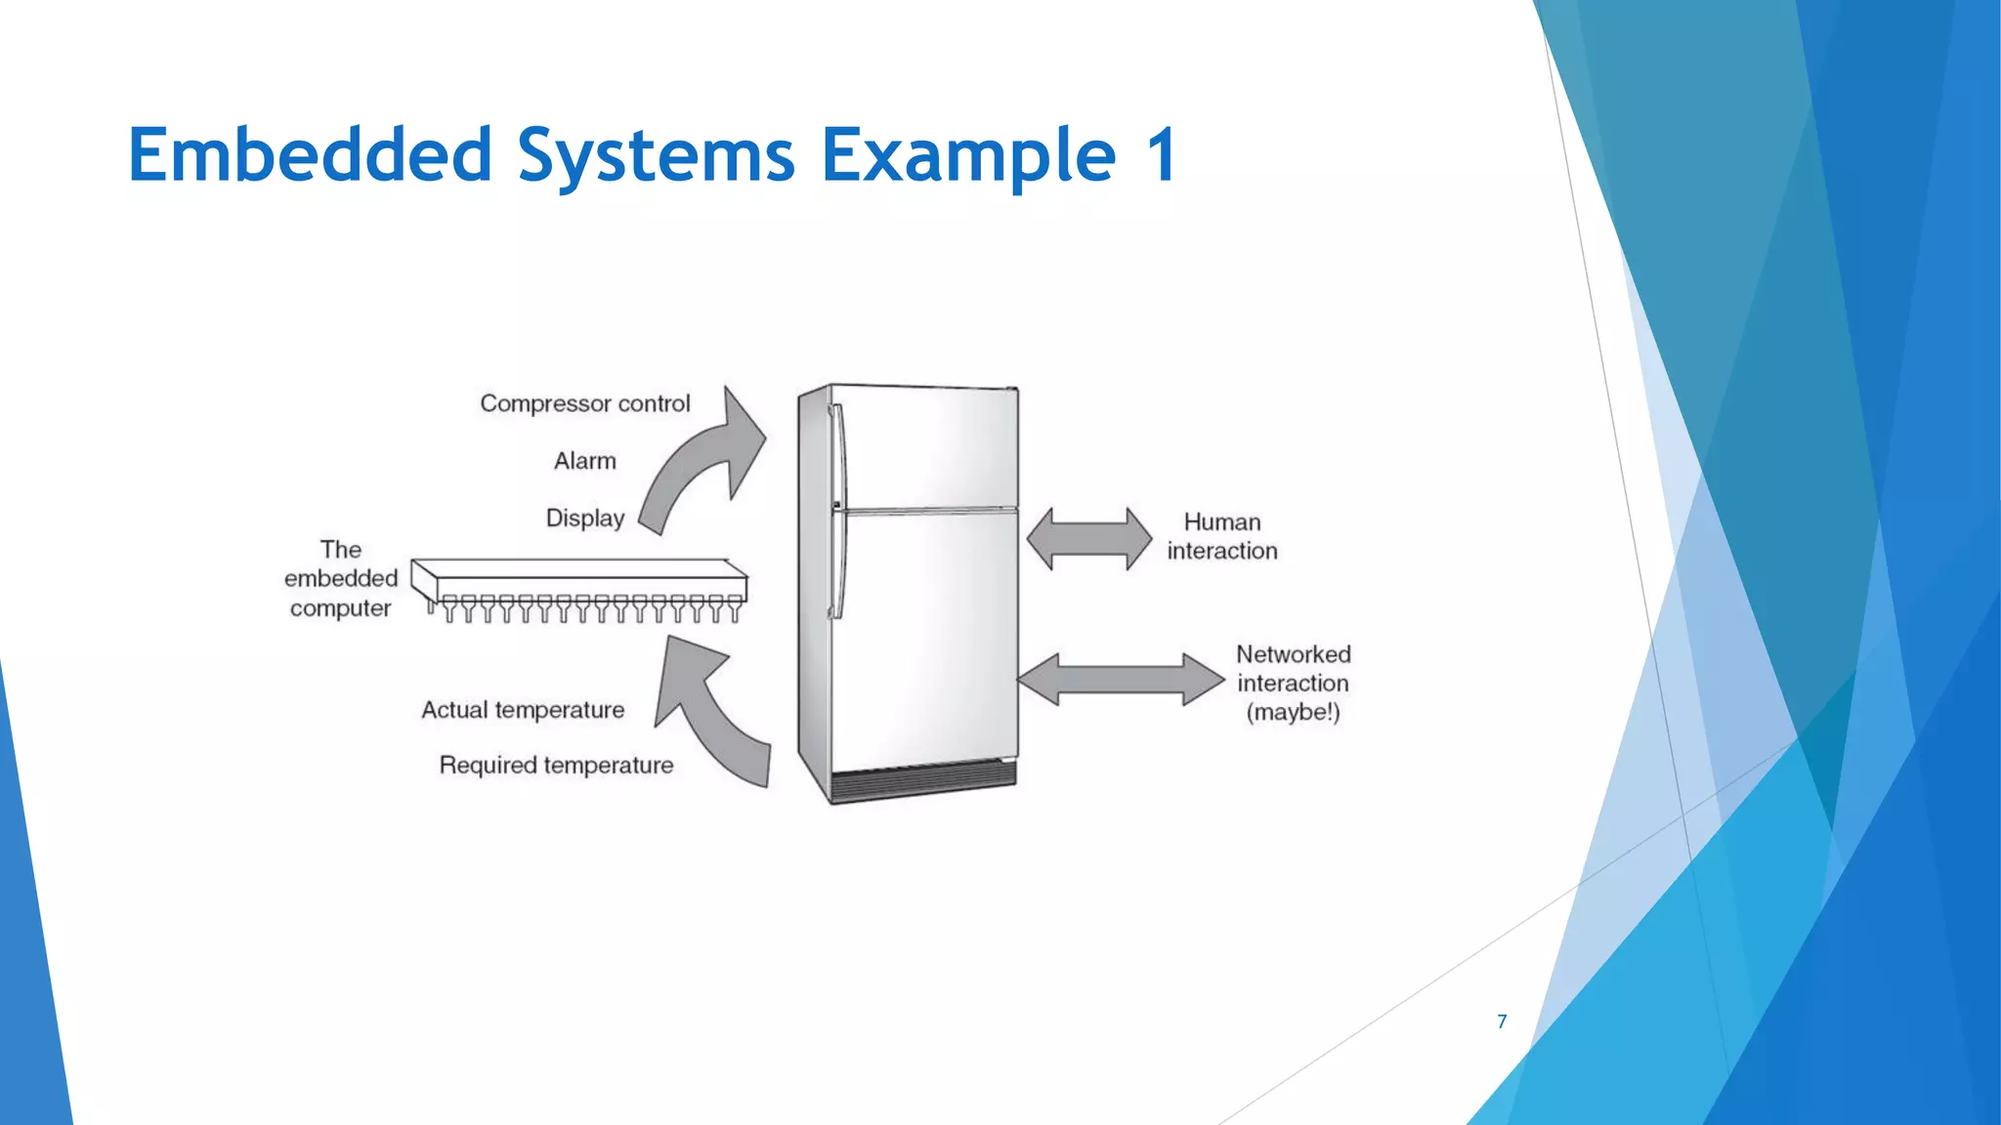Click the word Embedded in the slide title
point(310,155)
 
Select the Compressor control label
point(584,403)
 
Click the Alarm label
point(584,461)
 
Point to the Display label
point(584,518)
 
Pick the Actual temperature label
point(523,710)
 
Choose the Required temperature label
point(556,765)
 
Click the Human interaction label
point(1221,536)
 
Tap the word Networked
point(1293,654)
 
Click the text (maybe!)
point(1293,712)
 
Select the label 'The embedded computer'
point(340,578)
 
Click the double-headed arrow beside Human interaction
point(1089,538)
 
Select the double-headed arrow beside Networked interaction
point(1120,679)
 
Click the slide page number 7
point(1502,1021)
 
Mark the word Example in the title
point(968,155)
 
